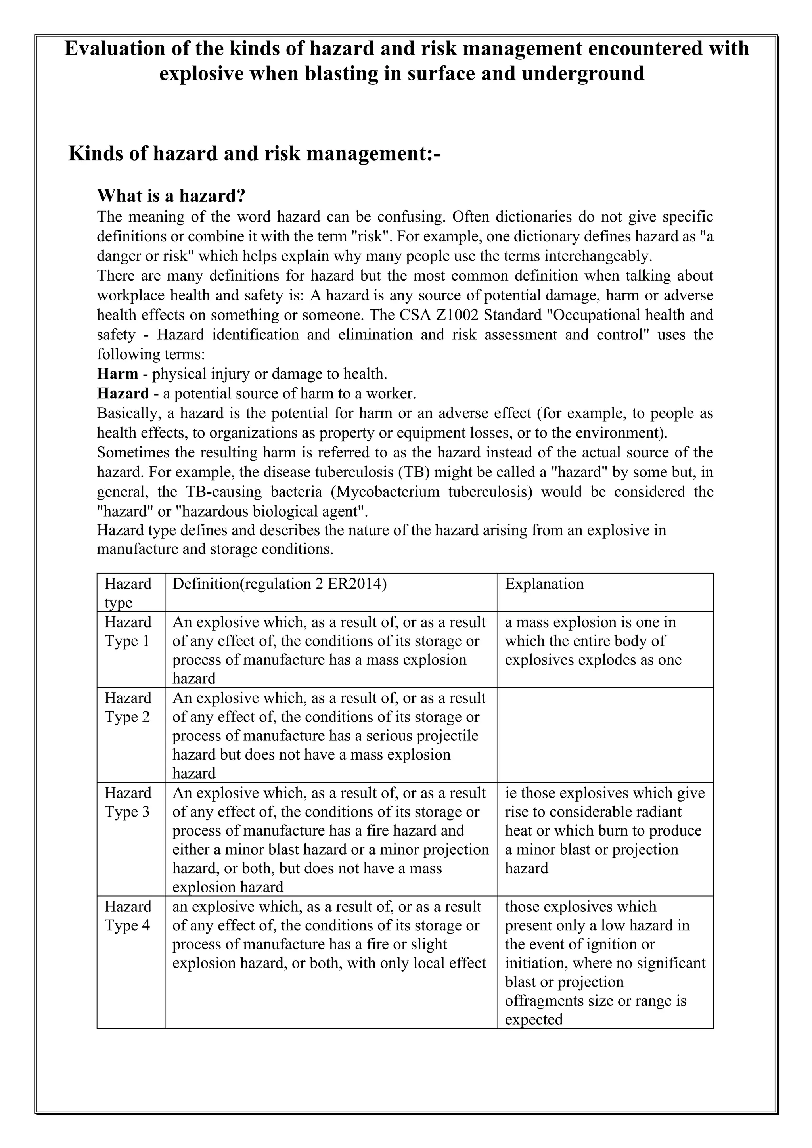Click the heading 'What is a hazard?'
click(171, 195)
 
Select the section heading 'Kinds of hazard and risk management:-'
click(255, 153)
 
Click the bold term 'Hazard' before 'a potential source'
click(123, 394)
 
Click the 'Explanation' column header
click(544, 584)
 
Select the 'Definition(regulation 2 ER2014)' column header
click(280, 584)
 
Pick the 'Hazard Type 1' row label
click(128, 631)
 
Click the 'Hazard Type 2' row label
click(128, 708)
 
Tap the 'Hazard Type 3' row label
click(128, 802)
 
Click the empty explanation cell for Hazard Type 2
click(605, 735)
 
